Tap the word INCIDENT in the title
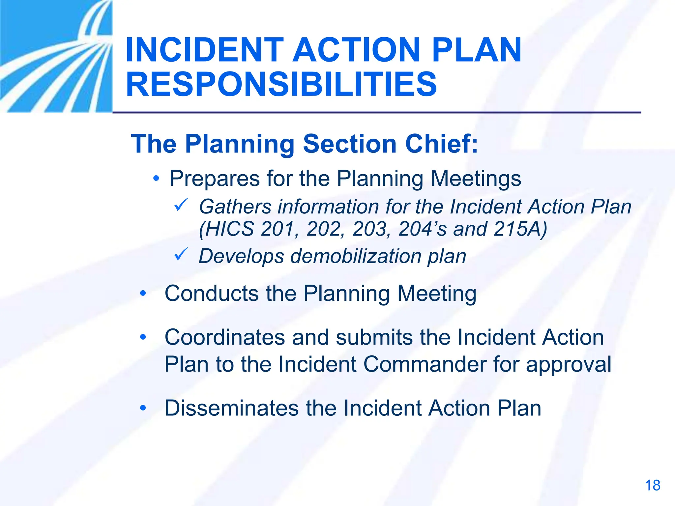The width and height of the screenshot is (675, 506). [204, 50]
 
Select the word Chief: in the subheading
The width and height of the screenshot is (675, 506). [441, 144]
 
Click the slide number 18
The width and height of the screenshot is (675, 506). [652, 486]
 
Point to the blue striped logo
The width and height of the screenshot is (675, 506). [56, 56]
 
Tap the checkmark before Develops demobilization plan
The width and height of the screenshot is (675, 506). [181, 254]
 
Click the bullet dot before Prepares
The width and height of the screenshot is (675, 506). [156, 179]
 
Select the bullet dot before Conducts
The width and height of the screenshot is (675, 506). [143, 293]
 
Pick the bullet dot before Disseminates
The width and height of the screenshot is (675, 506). [143, 408]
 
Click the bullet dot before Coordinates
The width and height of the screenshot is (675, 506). [143, 337]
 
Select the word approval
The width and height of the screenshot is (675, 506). [568, 365]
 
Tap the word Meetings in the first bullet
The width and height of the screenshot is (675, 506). [476, 179]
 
